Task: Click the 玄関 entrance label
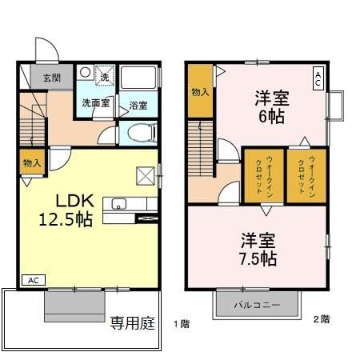pyautogui.click(x=42, y=77)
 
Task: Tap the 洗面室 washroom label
pyautogui.click(x=96, y=103)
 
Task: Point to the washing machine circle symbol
pyautogui.click(x=86, y=72)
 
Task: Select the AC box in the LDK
pyautogui.click(x=34, y=280)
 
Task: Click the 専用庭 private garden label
pyautogui.click(x=132, y=324)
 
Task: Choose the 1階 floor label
pyautogui.click(x=181, y=324)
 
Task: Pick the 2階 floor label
pyautogui.click(x=320, y=318)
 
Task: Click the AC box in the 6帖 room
pyautogui.click(x=318, y=78)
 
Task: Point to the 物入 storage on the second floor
pyautogui.click(x=200, y=92)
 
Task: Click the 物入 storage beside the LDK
pyautogui.click(x=32, y=163)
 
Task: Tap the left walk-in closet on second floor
pyautogui.click(x=262, y=174)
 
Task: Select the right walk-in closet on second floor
pyautogui.click(x=306, y=174)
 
